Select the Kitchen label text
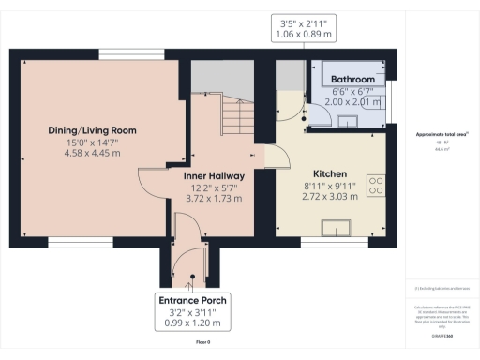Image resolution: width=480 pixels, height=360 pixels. pyautogui.click(x=330, y=173)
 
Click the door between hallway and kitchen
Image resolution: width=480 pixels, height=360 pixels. pyautogui.click(x=264, y=158)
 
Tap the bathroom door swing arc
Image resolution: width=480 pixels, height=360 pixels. pyautogui.click(x=318, y=113)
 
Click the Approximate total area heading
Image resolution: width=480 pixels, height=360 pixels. pyautogui.click(x=441, y=134)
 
